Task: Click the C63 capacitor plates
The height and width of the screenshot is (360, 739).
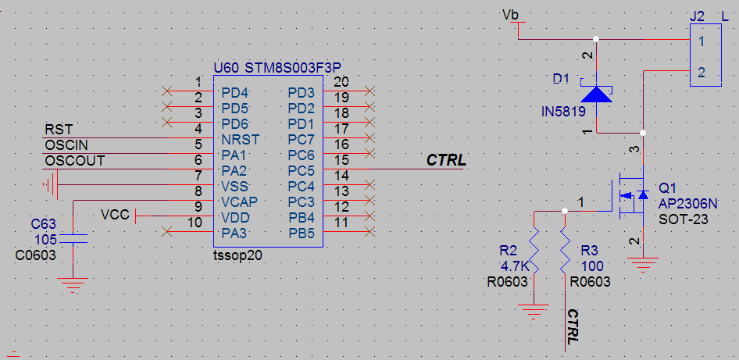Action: pos(73,238)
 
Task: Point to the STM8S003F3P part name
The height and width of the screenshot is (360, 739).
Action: pos(293,68)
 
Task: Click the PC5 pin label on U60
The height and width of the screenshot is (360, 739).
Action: pos(301,169)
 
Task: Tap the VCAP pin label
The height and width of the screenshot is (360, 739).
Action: pos(239,202)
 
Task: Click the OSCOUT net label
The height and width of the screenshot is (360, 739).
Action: pos(74,161)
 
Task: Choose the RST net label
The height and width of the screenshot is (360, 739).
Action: pos(59,129)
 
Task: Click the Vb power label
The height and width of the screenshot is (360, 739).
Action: pos(510,15)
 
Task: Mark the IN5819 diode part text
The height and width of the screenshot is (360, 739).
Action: pos(563,112)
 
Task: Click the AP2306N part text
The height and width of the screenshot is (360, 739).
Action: pos(688,204)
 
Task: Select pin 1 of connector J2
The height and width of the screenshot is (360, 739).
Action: pos(702,41)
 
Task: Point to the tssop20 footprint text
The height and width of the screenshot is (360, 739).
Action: pos(237,255)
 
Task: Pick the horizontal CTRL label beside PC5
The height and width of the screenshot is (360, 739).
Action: pos(446,160)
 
